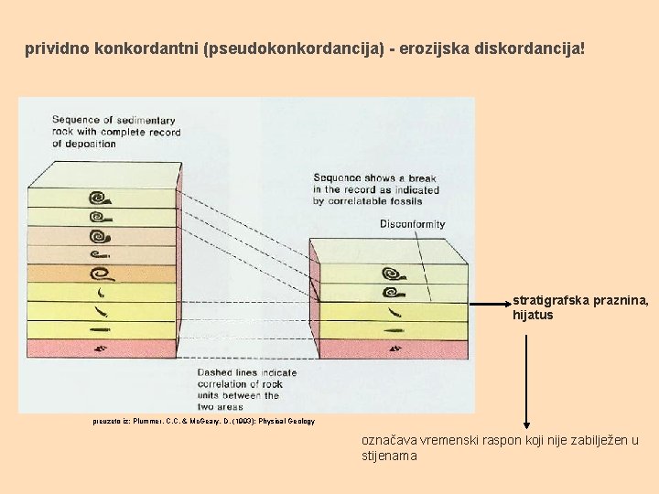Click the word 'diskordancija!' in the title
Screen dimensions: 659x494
pos(529,47)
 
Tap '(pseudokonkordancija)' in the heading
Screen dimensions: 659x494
pos(297,47)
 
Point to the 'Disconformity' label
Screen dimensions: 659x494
pos(413,224)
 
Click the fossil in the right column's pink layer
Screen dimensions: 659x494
pos(394,349)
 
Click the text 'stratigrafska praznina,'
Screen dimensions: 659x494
pos(580,300)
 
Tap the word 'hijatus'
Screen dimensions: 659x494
pos(533,316)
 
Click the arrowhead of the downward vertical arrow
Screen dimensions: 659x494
pos(526,423)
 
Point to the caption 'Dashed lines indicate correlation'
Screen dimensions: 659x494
pos(247,384)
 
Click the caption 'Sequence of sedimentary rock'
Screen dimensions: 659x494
pos(115,131)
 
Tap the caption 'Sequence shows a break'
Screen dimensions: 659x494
pos(375,189)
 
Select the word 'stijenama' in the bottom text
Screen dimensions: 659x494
pos(389,456)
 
